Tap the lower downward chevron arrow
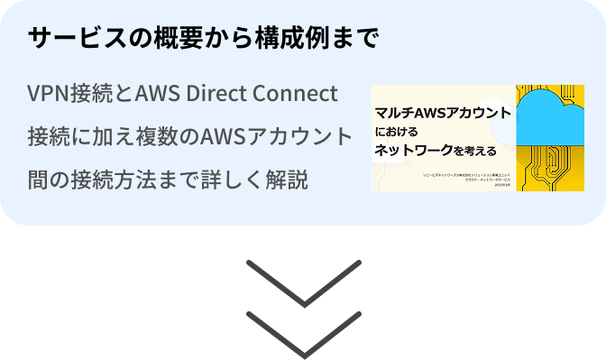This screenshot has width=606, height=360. pos(303,335)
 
